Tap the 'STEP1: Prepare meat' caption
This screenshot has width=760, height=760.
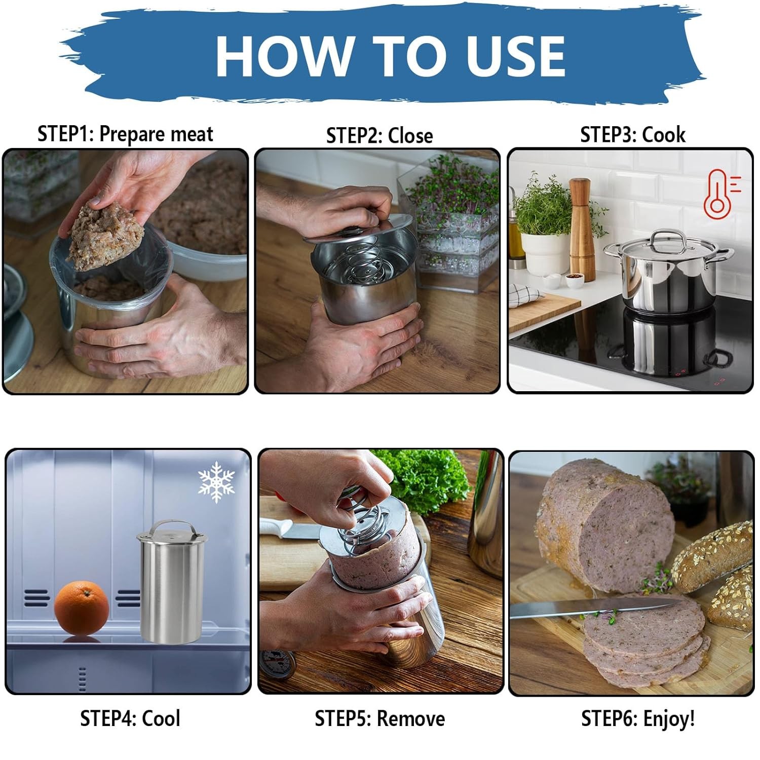[125, 134]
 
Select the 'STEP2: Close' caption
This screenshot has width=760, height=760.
[379, 136]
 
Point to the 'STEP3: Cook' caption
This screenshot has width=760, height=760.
[633, 135]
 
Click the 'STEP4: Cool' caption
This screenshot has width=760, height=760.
[130, 718]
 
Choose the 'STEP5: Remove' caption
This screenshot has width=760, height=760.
[379, 718]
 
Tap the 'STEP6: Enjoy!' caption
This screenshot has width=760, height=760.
[638, 718]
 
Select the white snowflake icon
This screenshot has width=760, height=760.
[216, 481]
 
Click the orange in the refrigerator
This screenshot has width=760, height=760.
[82, 607]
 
